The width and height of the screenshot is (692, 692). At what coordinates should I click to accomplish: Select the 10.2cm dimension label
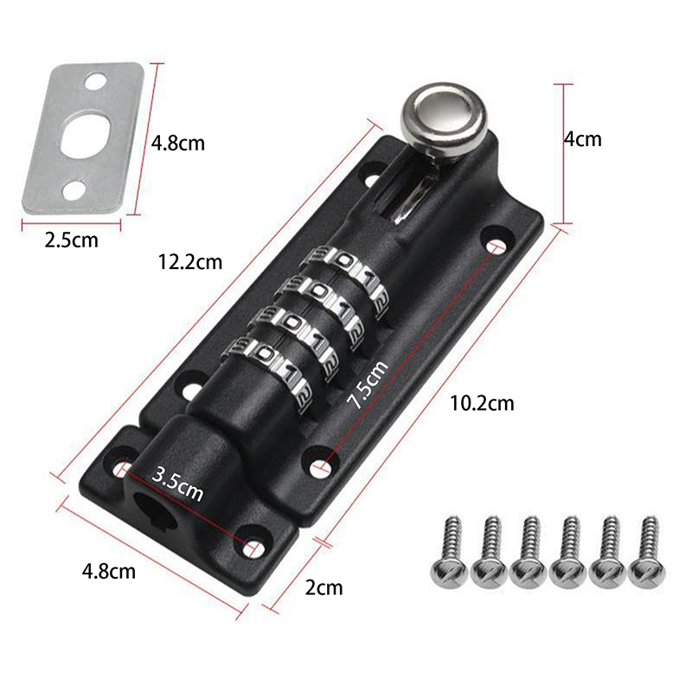point(483,402)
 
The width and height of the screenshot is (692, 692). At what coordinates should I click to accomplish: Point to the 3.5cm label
point(177,484)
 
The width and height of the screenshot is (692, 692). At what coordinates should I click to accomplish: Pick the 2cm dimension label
point(324,588)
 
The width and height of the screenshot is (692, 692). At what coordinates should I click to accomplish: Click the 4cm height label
point(582,138)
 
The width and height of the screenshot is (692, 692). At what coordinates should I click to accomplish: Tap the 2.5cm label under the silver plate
point(71,240)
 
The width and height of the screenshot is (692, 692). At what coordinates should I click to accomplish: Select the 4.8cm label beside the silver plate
point(178,142)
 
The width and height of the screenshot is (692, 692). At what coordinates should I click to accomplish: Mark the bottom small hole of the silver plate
point(74,188)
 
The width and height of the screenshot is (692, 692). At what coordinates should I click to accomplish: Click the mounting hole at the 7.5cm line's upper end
point(496,248)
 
